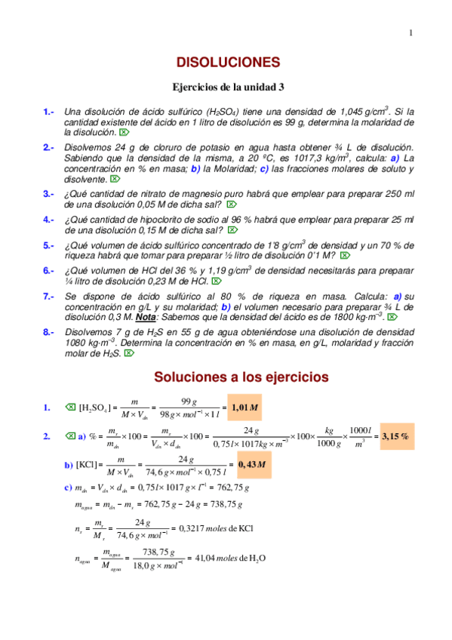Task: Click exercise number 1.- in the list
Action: tap(49, 112)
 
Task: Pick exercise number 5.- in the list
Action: tap(49, 245)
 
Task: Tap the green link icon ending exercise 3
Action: tap(232, 205)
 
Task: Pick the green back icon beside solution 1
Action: tap(70, 408)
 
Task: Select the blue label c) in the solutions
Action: tap(69, 488)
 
